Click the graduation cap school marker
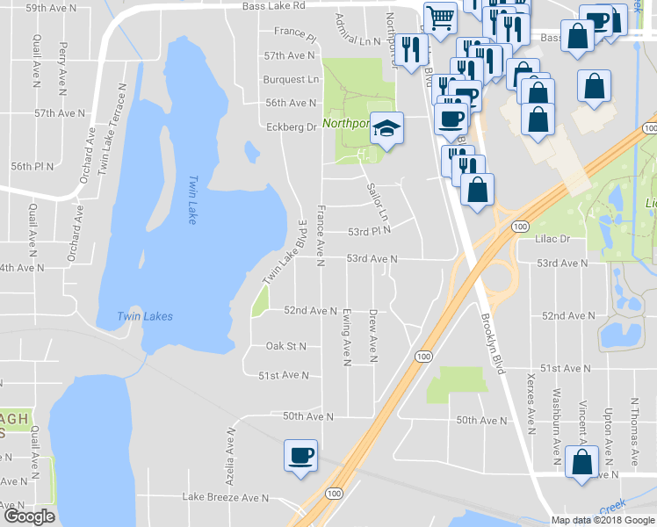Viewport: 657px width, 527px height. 386,128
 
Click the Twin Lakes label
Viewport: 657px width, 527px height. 146,316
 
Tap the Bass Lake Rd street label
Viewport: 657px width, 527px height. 276,5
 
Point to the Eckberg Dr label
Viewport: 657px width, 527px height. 291,126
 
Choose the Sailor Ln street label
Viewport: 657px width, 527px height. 377,201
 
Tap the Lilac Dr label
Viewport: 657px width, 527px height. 552,238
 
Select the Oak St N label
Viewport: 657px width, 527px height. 286,346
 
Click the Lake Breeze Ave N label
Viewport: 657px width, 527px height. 225,497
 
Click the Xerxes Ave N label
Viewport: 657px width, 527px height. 530,410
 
